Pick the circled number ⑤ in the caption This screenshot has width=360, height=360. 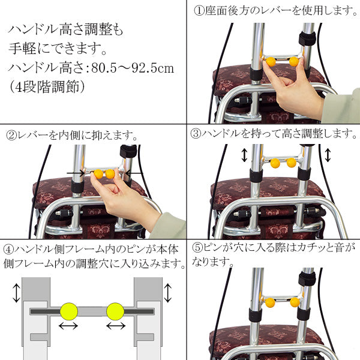[x=196, y=248]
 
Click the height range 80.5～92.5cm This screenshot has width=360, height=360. [x=134, y=67]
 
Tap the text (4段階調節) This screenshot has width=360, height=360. [x=46, y=86]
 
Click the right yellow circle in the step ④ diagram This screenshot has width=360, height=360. [x=115, y=311]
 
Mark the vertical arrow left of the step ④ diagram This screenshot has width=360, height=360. [x=15, y=294]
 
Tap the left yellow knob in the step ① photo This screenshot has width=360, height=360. [x=271, y=61]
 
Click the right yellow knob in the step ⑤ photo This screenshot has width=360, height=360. [x=295, y=302]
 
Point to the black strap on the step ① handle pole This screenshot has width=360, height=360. [x=308, y=40]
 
